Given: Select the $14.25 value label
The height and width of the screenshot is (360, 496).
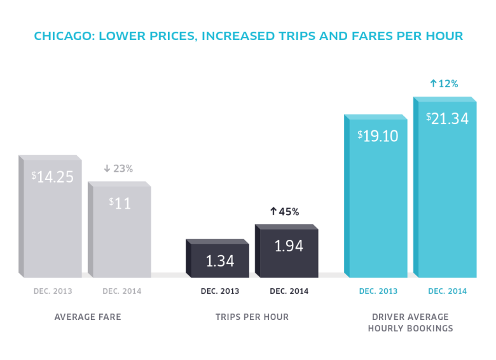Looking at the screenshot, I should pyautogui.click(x=53, y=177).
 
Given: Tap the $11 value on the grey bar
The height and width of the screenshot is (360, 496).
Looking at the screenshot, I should pyautogui.click(x=120, y=204).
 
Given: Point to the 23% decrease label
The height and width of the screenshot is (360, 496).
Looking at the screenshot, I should pyautogui.click(x=118, y=169).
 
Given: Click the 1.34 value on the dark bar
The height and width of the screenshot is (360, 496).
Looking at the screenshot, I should pyautogui.click(x=220, y=261).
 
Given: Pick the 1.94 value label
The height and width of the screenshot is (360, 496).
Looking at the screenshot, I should pyautogui.click(x=289, y=246).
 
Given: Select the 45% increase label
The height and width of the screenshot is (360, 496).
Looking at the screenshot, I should pyautogui.click(x=284, y=212).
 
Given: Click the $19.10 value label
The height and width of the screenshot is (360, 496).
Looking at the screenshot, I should pyautogui.click(x=378, y=135).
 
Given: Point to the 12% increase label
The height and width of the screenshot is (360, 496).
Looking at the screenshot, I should pyautogui.click(x=444, y=83).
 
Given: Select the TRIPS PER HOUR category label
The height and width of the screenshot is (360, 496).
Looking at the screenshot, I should pyautogui.click(x=252, y=317).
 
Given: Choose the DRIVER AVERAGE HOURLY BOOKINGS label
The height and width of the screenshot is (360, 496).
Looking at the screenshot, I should pyautogui.click(x=411, y=322).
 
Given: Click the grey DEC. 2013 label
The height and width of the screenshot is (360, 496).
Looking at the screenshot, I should pyautogui.click(x=53, y=291).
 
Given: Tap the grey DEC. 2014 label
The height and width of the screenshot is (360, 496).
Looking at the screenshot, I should pyautogui.click(x=122, y=291).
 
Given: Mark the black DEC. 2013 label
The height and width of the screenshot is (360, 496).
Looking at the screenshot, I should pyautogui.click(x=220, y=291).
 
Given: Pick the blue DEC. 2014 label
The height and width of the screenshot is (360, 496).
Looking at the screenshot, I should pyautogui.click(x=447, y=291).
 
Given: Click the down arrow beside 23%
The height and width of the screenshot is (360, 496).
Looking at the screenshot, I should pyautogui.click(x=107, y=169).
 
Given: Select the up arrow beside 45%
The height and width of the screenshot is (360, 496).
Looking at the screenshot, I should pyautogui.click(x=273, y=212).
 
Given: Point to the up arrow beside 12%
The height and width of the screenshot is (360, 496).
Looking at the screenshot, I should pyautogui.click(x=433, y=83).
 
